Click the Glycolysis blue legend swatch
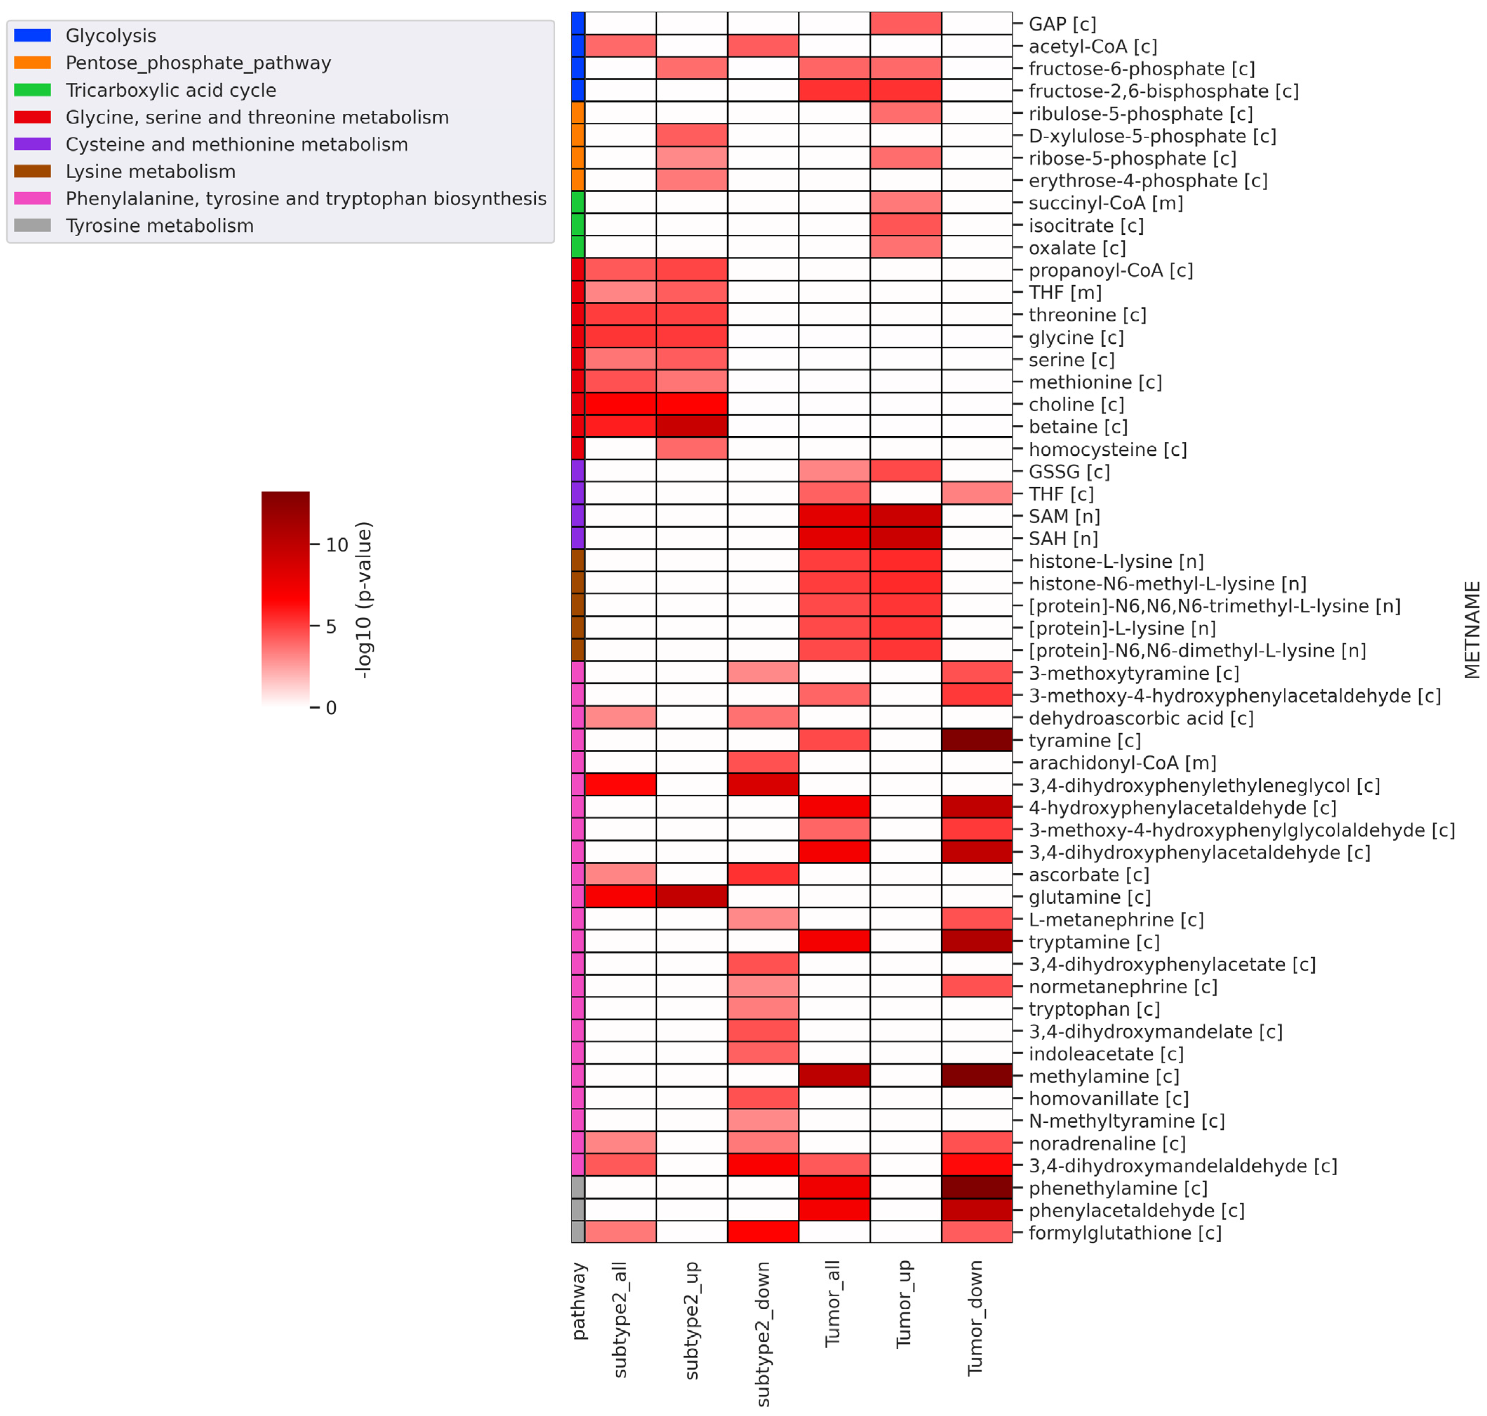(x=33, y=35)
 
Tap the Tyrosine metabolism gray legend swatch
(x=33, y=226)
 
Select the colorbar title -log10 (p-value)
(x=364, y=600)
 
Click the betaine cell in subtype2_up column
(x=691, y=427)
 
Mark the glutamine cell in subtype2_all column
(x=621, y=897)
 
